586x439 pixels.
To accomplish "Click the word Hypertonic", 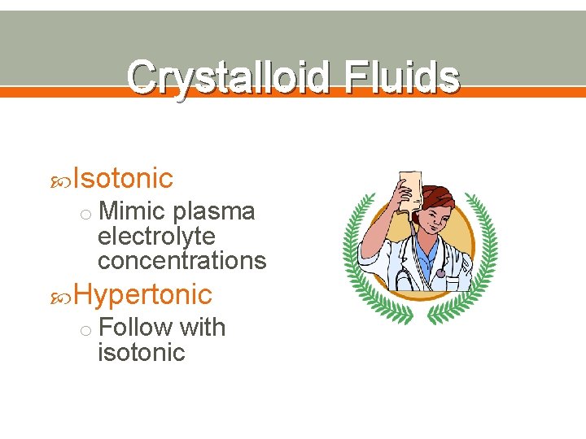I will [142, 294].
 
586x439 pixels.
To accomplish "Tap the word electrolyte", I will [156, 237].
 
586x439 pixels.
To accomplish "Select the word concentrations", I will [181, 261].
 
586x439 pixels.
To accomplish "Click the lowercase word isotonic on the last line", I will [141, 353].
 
